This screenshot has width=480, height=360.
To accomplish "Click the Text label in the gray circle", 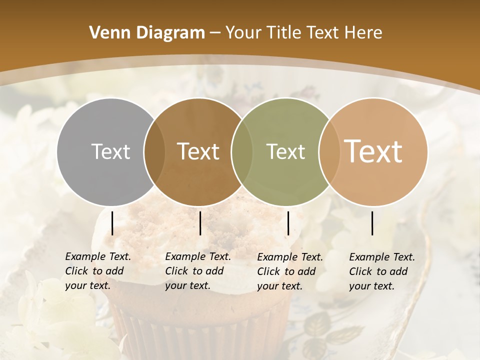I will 110,151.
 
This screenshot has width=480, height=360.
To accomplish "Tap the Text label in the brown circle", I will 198,151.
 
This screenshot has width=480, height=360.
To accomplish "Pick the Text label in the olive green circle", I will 285,151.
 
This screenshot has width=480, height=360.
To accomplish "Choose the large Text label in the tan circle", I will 373,151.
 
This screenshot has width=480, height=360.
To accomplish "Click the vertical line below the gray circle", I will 112,223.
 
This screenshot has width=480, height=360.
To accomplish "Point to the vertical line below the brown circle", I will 200,223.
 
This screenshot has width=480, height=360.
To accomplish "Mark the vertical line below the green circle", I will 288,223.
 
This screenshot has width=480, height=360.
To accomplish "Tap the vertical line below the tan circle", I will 372,223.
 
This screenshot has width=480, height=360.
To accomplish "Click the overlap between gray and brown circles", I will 154,151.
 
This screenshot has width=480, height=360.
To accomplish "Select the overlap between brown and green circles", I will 241,151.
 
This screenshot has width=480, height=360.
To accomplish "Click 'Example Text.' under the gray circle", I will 98,256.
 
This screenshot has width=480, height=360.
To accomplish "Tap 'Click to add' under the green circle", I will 286,271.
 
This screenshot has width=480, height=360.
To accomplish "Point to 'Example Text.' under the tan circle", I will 382,257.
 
